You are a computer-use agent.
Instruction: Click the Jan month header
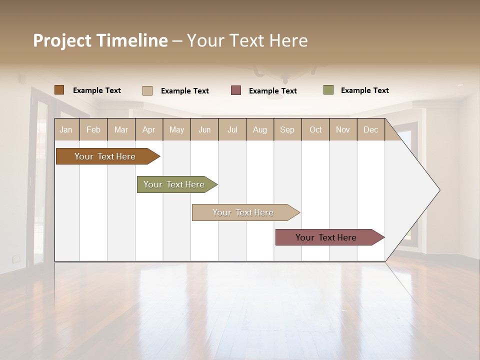pos(66,129)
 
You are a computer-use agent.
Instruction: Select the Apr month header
pos(148,129)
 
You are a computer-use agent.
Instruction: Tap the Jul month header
pos(232,129)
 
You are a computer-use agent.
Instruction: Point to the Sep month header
pos(287,129)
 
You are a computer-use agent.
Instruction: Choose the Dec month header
pos(370,129)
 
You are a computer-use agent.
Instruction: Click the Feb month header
pos(93,129)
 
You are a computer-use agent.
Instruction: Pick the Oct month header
pos(315,129)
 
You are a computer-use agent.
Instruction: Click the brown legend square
pos(59,90)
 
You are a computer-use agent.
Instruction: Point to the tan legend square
pos(147,90)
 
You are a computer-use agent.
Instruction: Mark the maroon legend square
pos(236,90)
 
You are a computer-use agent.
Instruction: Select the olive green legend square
pos(328,90)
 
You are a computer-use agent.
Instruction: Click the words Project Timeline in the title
pos(100,40)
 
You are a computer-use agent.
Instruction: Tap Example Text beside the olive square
pos(364,90)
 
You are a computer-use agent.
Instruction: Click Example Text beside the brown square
pos(97,90)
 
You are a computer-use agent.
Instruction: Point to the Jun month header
pos(204,129)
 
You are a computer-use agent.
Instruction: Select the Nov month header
pos(343,129)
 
